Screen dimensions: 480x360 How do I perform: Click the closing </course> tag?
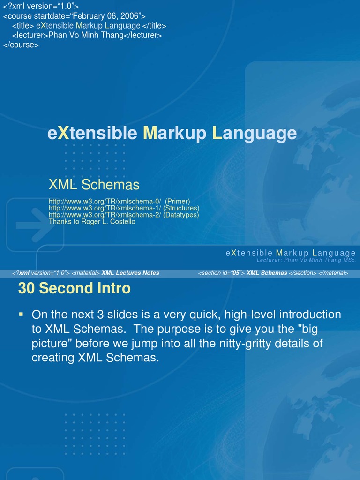[21, 45]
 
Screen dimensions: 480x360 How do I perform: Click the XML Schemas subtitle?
[94, 185]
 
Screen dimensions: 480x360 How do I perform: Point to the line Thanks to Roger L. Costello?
[92, 222]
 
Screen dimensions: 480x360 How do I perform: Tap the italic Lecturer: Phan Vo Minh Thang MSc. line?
[306, 260]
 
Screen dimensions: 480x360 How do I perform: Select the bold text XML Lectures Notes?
[130, 273]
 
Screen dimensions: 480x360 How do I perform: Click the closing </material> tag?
[333, 273]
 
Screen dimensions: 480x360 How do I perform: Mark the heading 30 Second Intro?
[74, 288]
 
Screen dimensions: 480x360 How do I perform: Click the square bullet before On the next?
[21, 313]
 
